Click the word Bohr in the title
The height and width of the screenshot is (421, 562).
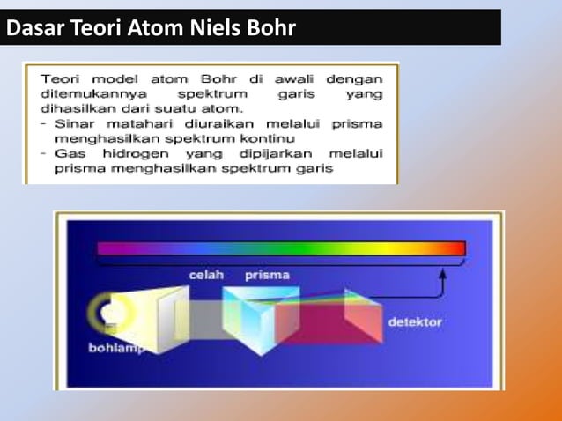point(262,28)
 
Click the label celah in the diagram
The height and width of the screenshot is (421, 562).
point(206,275)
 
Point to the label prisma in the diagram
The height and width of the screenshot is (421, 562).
point(267,275)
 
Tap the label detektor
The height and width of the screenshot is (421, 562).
point(415,322)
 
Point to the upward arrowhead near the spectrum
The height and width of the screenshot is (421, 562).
point(443,276)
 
